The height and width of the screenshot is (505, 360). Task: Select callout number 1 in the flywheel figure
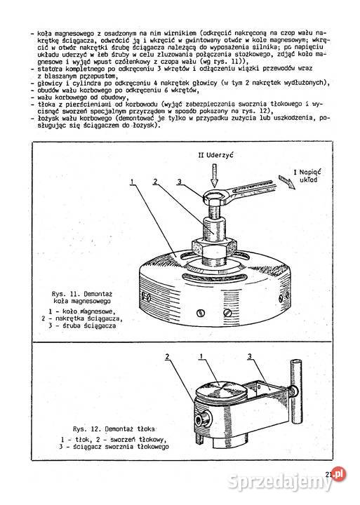[131, 181]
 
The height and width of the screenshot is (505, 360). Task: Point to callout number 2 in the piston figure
[167, 357]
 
